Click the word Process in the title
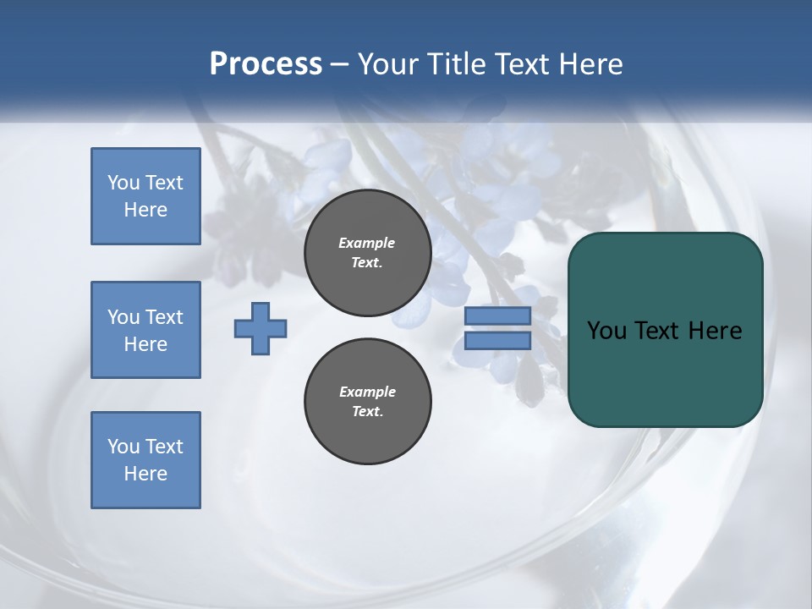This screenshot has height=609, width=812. (266, 64)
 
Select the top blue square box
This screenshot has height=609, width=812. (145, 196)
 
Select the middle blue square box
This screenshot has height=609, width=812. (145, 330)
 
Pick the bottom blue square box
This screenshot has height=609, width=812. (145, 460)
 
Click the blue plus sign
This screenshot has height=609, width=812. (261, 328)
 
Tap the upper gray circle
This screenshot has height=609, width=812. (368, 252)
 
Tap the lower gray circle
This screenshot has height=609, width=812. (368, 401)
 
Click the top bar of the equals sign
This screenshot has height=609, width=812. (497, 316)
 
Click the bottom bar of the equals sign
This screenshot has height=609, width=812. (497, 341)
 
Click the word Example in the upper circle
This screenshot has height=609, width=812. (367, 243)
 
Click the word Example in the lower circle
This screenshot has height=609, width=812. (368, 392)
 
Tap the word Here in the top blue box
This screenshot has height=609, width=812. (145, 210)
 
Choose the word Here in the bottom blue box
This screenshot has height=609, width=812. (145, 474)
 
